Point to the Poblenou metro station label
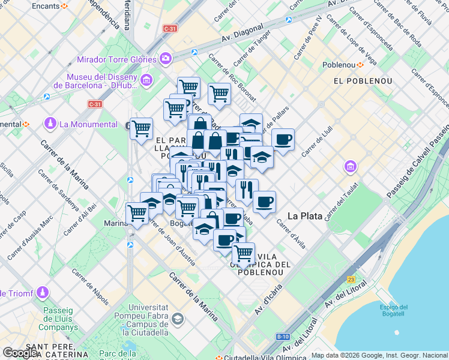coord(339,65)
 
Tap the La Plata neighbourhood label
coord(305,215)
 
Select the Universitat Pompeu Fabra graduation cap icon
coord(178,319)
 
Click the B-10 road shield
coord(283,337)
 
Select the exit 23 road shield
coord(351,279)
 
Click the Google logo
coord(21,352)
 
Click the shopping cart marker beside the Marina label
coord(137,213)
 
